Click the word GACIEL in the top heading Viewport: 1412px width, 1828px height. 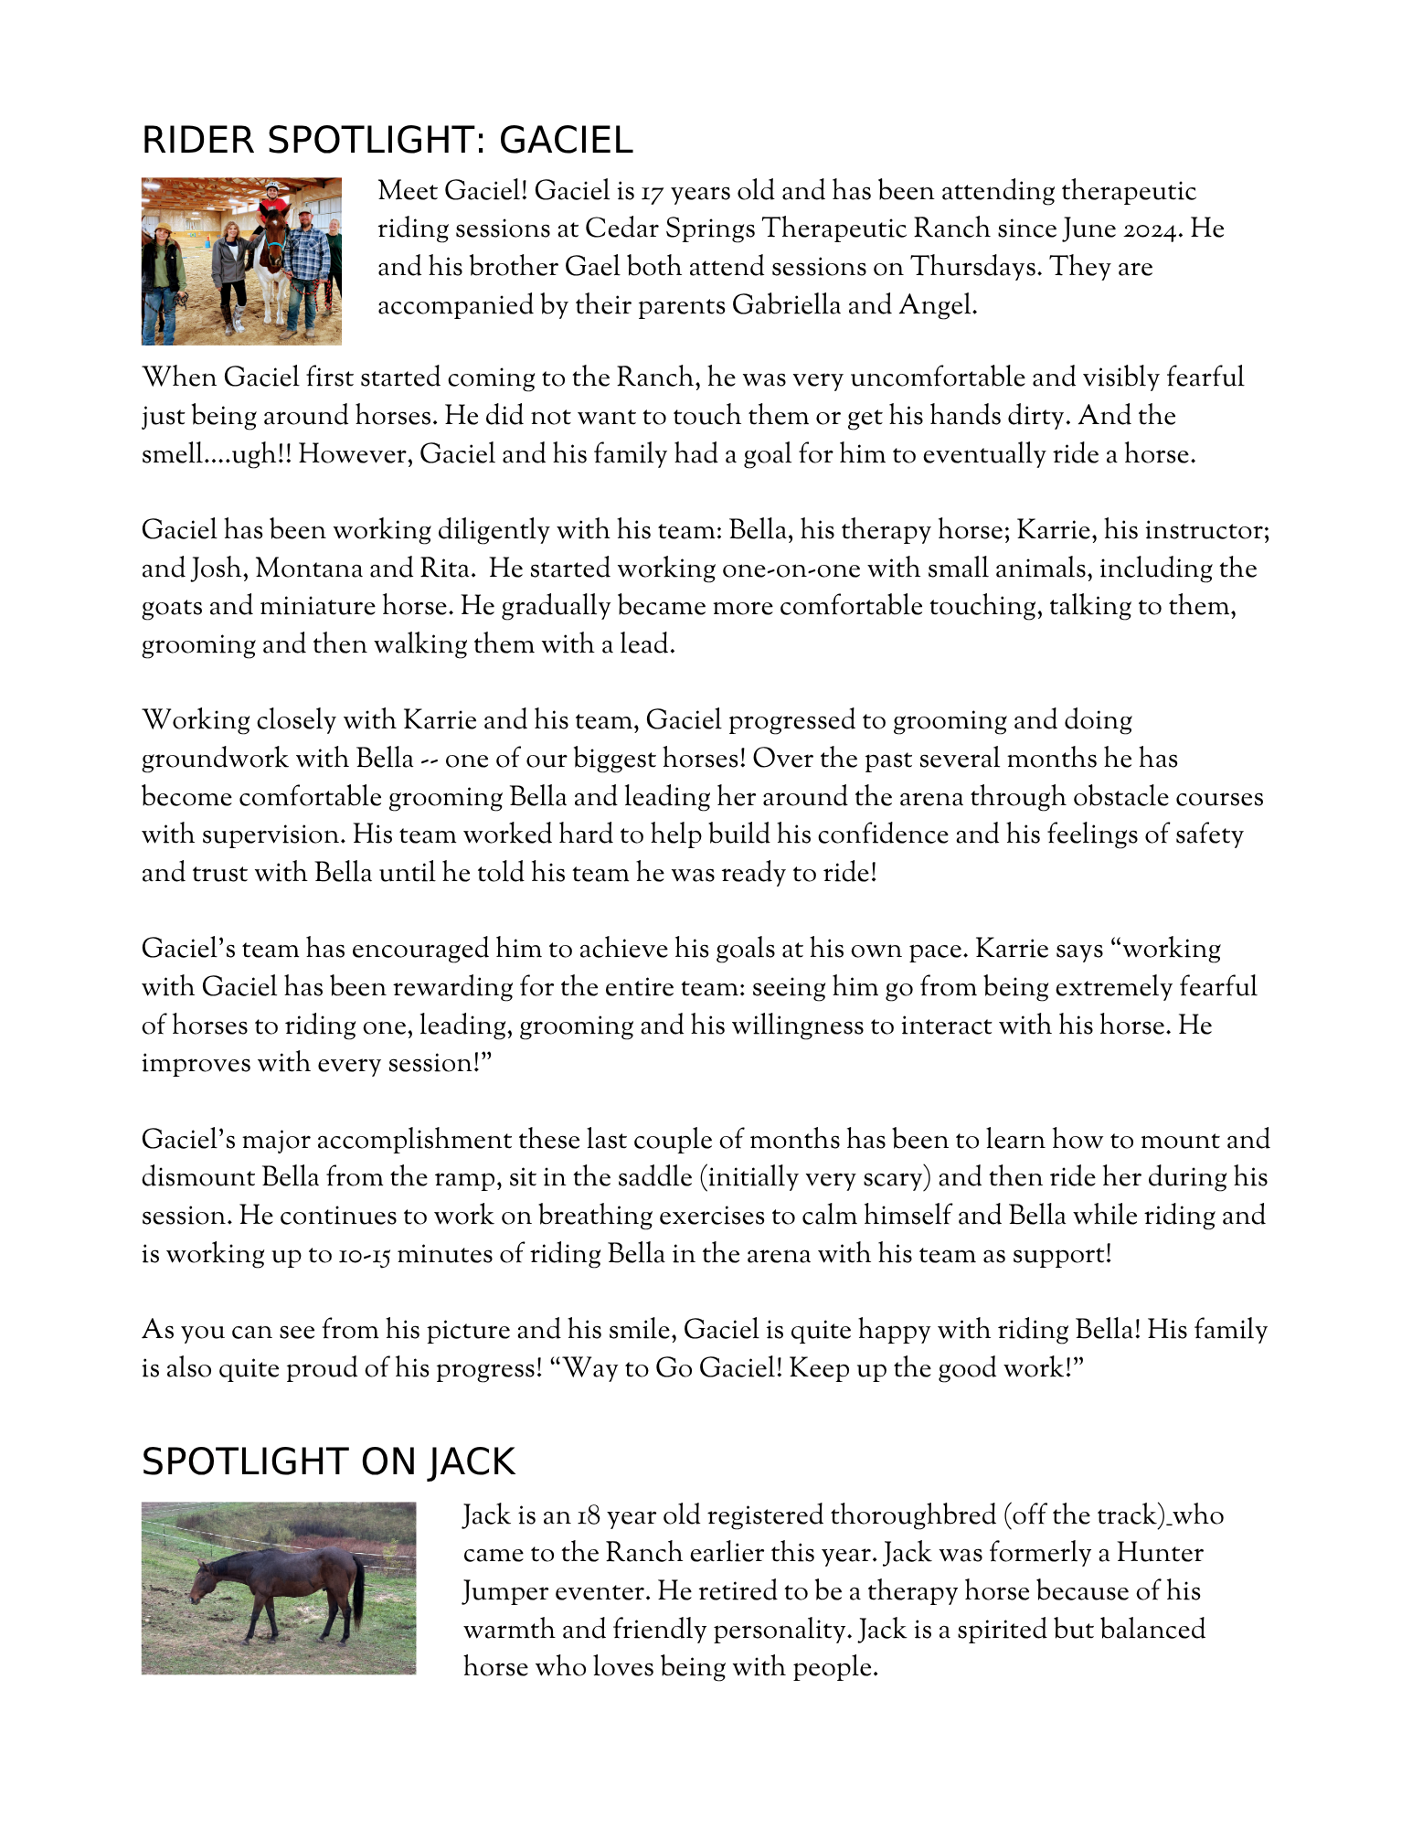click(566, 140)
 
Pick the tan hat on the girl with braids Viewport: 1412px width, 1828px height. click(164, 226)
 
